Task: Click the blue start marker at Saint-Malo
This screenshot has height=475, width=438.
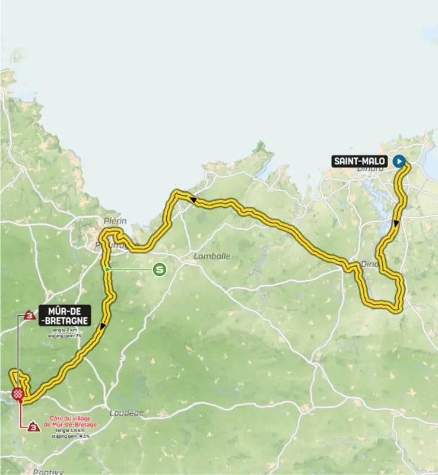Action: pos(399,160)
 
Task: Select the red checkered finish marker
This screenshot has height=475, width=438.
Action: pos(19,393)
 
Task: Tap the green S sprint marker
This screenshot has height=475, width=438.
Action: pos(159,270)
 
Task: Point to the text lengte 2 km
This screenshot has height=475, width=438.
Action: pos(64,330)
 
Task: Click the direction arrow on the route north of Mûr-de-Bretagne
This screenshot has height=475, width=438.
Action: pos(103,326)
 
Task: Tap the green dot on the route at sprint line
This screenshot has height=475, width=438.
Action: pos(107,270)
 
